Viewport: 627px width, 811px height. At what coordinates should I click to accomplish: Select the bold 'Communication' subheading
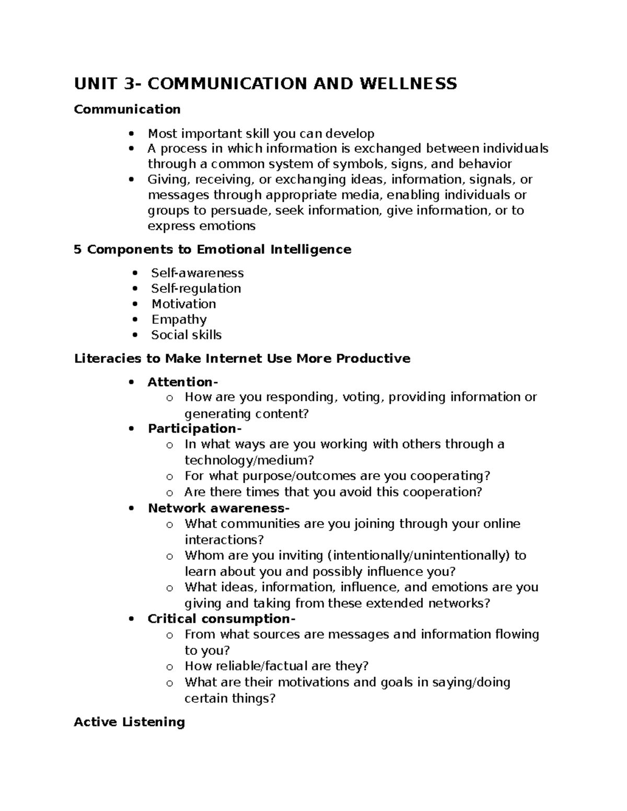pyautogui.click(x=127, y=109)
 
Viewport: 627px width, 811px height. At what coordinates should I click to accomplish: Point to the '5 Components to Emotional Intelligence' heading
pyautogui.click(x=212, y=250)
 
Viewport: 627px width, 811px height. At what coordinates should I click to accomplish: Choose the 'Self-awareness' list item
pyautogui.click(x=197, y=273)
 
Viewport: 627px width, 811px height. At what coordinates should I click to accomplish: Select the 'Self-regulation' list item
pyautogui.click(x=196, y=288)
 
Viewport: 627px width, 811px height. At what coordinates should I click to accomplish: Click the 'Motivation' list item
pyautogui.click(x=183, y=304)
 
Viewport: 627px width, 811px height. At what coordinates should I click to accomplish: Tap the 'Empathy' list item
pyautogui.click(x=179, y=319)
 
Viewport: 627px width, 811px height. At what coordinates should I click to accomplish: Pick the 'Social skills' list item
pyautogui.click(x=186, y=335)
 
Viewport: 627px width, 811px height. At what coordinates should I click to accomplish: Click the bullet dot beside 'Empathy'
pyautogui.click(x=136, y=320)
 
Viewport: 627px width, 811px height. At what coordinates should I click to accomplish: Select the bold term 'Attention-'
pyautogui.click(x=180, y=382)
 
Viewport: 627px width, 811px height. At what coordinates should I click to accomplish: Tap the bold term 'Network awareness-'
pyautogui.click(x=218, y=508)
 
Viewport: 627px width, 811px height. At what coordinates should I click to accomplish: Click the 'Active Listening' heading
pyautogui.click(x=130, y=722)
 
